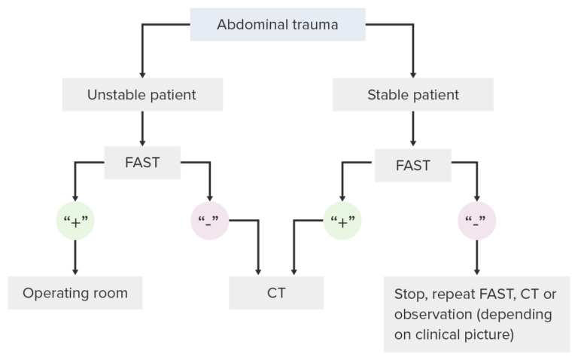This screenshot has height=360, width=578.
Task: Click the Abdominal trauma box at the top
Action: [x=277, y=25]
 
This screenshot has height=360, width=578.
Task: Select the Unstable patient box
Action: [x=142, y=95]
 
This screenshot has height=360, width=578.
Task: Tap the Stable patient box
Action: [x=412, y=95]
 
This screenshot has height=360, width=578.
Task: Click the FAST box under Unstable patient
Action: [x=142, y=162]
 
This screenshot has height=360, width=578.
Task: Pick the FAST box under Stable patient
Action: [x=412, y=165]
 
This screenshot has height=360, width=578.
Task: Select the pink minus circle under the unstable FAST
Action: [x=209, y=221]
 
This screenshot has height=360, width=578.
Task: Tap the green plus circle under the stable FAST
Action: [x=342, y=221]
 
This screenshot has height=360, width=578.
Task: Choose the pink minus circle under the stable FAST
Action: [x=476, y=221]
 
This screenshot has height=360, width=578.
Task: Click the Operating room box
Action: [x=75, y=293]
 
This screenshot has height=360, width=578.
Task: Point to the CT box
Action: [x=276, y=293]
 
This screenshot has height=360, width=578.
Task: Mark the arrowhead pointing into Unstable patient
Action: [x=142, y=73]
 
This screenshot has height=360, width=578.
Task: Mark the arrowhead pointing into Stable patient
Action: [x=413, y=73]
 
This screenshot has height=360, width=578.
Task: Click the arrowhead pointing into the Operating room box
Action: [x=75, y=271]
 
